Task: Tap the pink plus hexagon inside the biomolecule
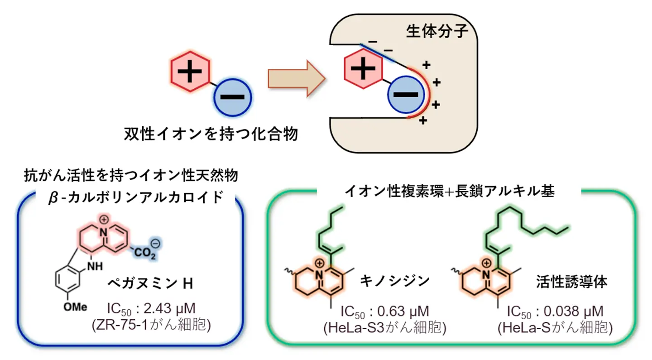pyautogui.click(x=364, y=69)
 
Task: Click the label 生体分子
pyautogui.click(x=437, y=31)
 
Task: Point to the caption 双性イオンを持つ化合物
pyautogui.click(x=211, y=134)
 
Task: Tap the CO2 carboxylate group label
pyautogui.click(x=145, y=250)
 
